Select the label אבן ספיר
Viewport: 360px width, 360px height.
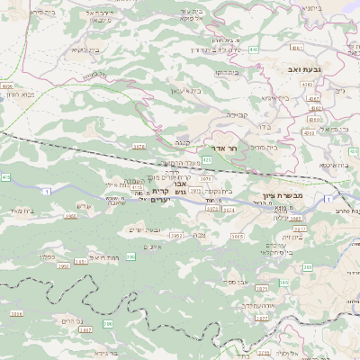pyautogui.click(x=237, y=282)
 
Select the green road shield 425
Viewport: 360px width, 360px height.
pyautogui.click(x=207, y=159)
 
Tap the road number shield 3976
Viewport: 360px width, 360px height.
pyautogui.click(x=139, y=146)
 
